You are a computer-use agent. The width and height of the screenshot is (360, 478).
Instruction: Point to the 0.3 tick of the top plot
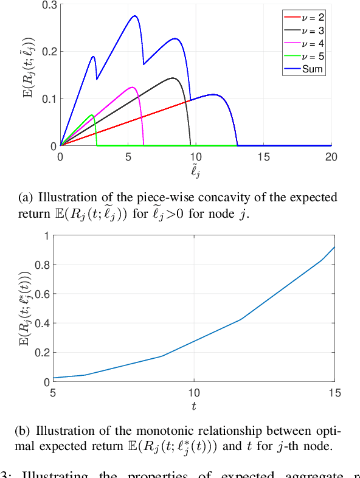[x=49, y=5]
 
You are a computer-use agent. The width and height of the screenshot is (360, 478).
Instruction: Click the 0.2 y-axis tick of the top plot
[x=49, y=52]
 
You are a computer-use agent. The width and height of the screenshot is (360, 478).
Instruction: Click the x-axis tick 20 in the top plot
[x=331, y=156]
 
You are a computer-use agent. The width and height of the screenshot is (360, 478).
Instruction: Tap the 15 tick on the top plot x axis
[x=263, y=156]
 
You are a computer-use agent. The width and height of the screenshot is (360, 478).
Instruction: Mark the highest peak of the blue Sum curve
[x=134, y=16]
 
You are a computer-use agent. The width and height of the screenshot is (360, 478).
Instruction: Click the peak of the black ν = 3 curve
[x=173, y=78]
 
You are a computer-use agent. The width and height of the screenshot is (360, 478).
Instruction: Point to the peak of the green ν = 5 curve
[x=92, y=114]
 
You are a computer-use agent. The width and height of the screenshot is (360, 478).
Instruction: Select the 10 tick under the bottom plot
[x=194, y=393]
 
